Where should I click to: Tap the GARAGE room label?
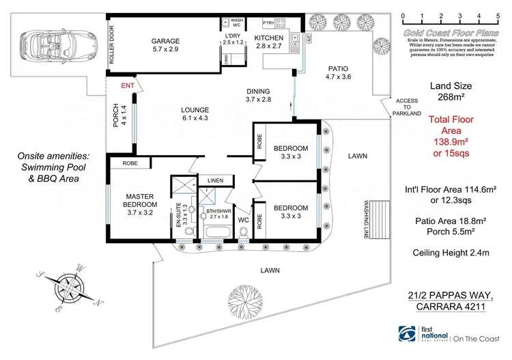tap(165, 45)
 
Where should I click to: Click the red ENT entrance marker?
tap(128, 86)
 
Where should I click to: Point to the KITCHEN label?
tap(268, 38)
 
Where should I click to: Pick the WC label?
tap(243, 219)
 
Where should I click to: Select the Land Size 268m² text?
tap(450, 92)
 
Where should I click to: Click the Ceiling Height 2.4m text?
tap(451, 253)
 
